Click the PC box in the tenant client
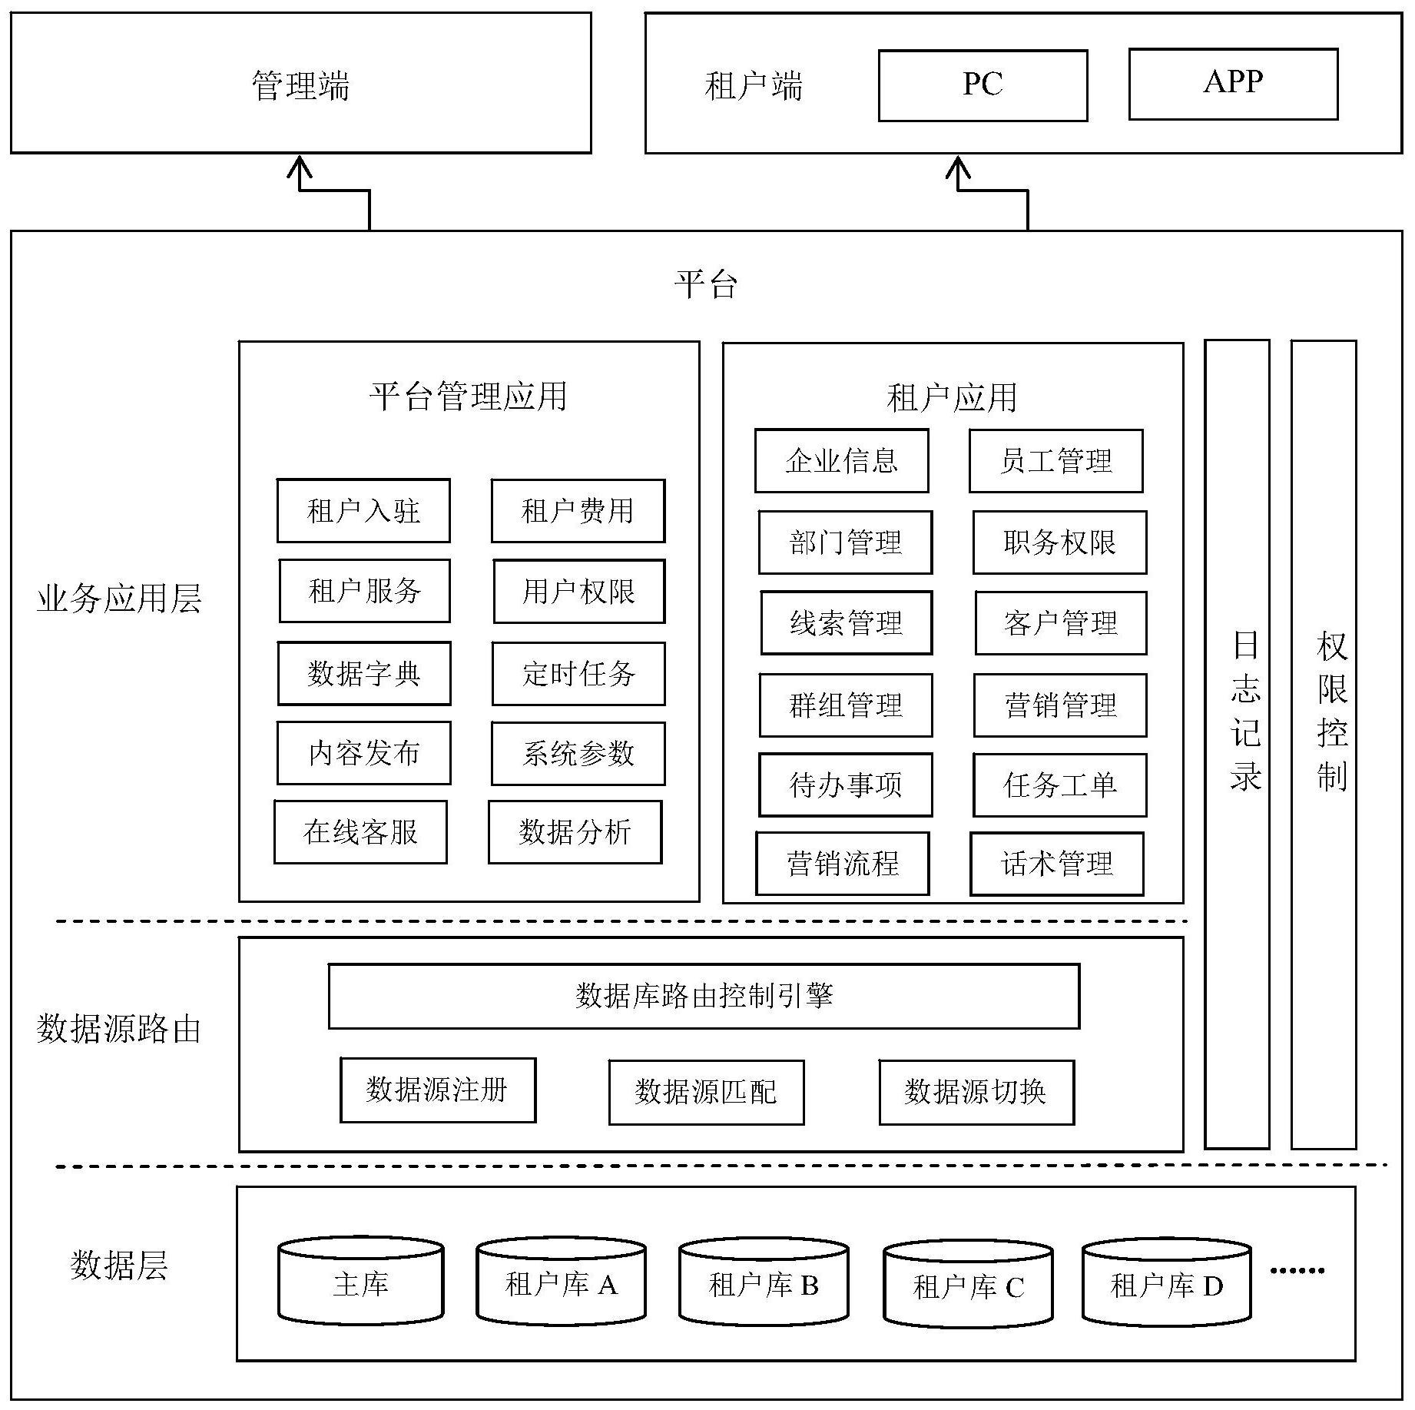click(x=983, y=85)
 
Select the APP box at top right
click(x=1233, y=84)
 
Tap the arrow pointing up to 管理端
click(x=300, y=173)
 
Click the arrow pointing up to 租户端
click(x=958, y=173)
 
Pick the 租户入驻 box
click(x=363, y=511)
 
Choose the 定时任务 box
click(x=578, y=674)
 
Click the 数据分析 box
click(x=575, y=832)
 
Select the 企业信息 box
click(x=841, y=461)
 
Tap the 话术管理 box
click(x=1056, y=864)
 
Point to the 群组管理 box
click(x=845, y=705)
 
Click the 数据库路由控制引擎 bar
click(x=704, y=996)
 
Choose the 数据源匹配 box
click(x=706, y=1092)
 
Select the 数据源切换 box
click(x=976, y=1092)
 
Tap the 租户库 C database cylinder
click(x=968, y=1284)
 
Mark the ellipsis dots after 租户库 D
click(x=1297, y=1270)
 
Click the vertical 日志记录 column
click(x=1237, y=743)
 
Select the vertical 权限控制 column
click(x=1324, y=743)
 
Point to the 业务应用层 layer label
click(x=119, y=599)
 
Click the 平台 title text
click(x=706, y=284)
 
